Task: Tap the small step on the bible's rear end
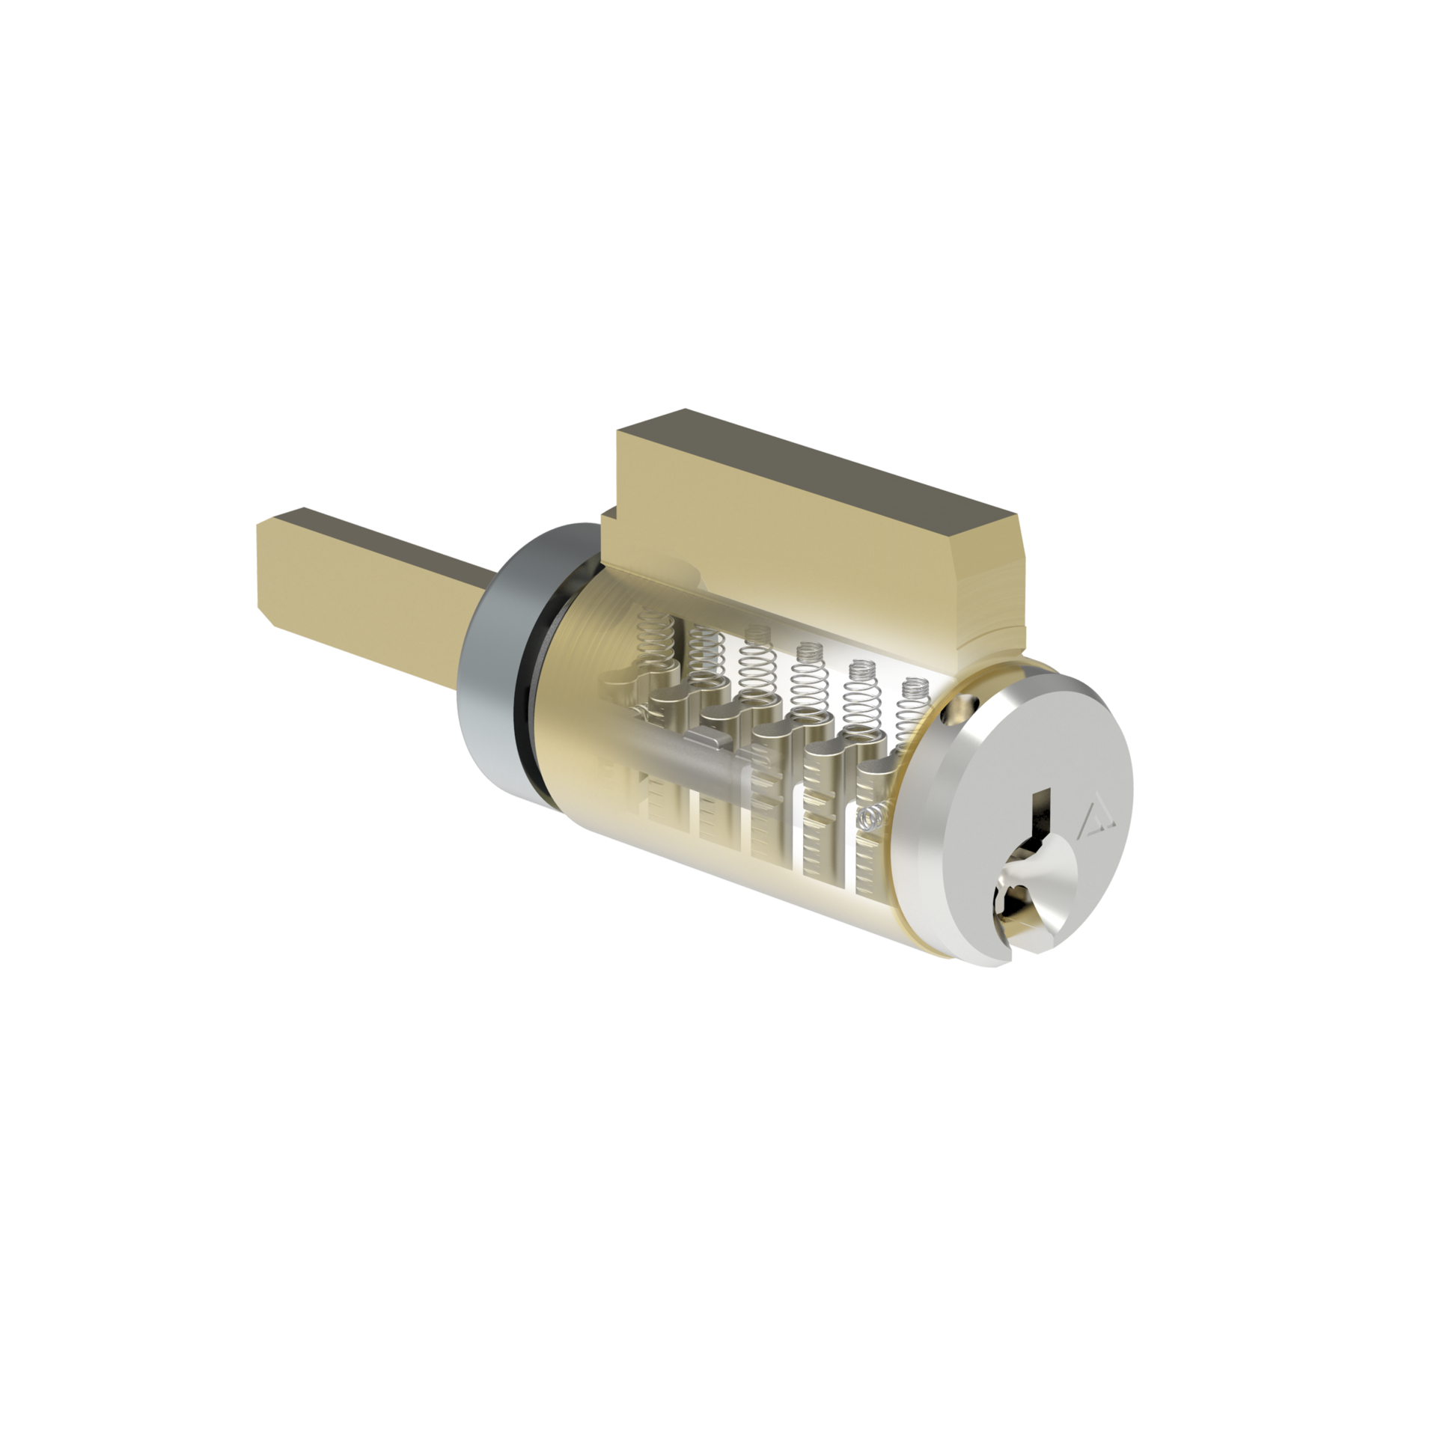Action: (607, 516)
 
